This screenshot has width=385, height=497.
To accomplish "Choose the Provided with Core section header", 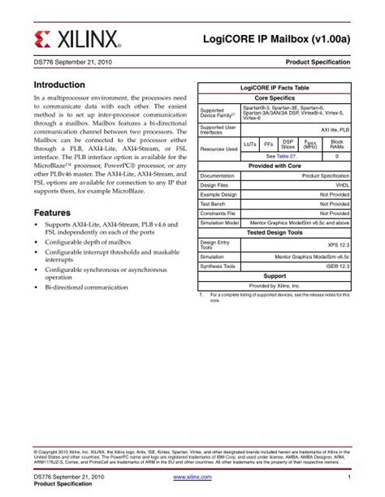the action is (x=275, y=165).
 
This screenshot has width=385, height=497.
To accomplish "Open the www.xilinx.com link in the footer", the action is (x=192, y=478).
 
